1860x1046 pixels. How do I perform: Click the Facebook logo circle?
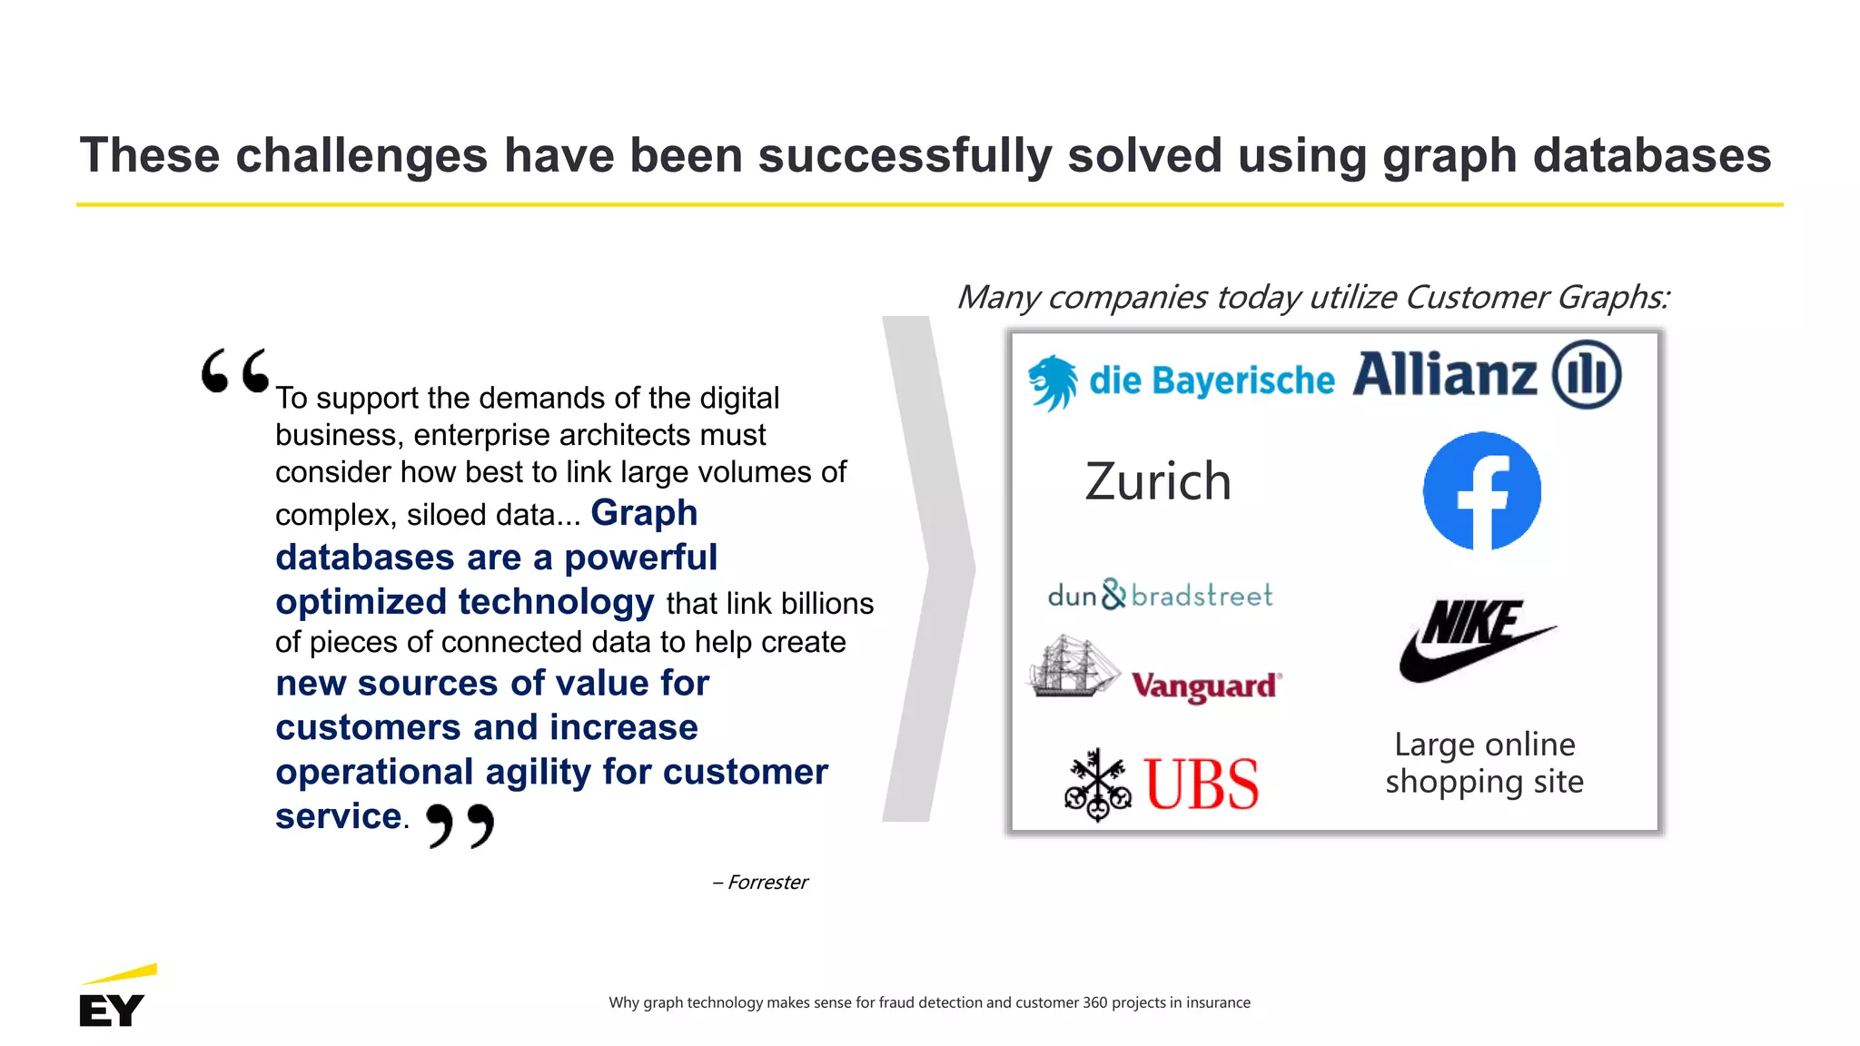(1481, 490)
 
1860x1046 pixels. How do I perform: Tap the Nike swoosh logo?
(1476, 641)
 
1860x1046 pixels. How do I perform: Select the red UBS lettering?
(1202, 784)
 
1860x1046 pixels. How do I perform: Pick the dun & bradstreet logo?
(1160, 595)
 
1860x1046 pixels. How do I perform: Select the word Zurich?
(1158, 481)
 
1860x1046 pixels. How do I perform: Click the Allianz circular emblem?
(1586, 374)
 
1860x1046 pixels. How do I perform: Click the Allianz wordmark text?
(1444, 375)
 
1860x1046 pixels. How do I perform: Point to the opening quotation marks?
(235, 370)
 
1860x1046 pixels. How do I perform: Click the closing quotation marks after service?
(460, 825)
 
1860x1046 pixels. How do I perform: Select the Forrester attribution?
(760, 883)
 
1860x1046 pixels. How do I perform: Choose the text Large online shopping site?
(1484, 763)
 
